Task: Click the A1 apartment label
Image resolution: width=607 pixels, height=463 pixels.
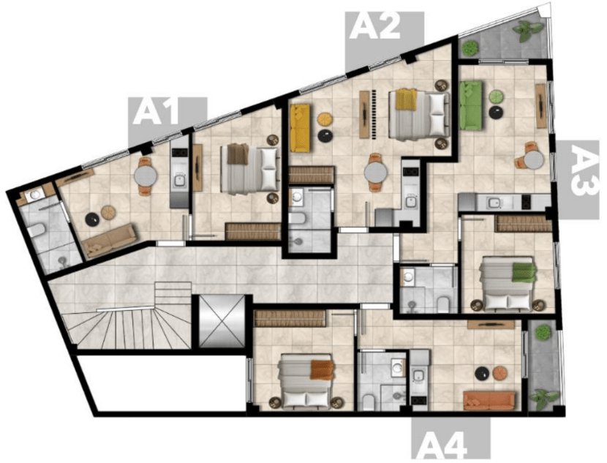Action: (x=156, y=112)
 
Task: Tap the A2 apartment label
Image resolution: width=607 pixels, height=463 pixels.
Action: (x=374, y=26)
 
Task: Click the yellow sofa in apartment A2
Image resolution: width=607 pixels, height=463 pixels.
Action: (x=300, y=128)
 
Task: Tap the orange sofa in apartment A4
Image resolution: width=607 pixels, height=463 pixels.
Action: (x=489, y=400)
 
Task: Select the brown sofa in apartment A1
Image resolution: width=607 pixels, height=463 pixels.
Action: (x=110, y=241)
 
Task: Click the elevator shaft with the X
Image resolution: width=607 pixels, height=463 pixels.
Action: (x=222, y=321)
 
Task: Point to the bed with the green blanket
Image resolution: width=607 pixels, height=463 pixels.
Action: (x=507, y=284)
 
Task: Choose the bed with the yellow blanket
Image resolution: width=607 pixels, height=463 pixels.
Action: (x=419, y=114)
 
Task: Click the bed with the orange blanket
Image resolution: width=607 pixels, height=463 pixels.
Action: (x=306, y=380)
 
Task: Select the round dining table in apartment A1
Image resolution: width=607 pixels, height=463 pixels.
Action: (x=146, y=176)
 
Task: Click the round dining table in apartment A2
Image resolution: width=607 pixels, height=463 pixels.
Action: (x=375, y=172)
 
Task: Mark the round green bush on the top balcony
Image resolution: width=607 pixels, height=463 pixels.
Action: (x=470, y=48)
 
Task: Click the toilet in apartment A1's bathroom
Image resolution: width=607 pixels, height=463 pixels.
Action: (x=36, y=230)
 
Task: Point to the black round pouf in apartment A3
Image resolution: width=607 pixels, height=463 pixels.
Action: (x=497, y=112)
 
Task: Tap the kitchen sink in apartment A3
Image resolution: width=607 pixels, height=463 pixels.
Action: (x=494, y=202)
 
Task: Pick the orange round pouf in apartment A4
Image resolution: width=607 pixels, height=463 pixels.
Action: (x=499, y=373)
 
